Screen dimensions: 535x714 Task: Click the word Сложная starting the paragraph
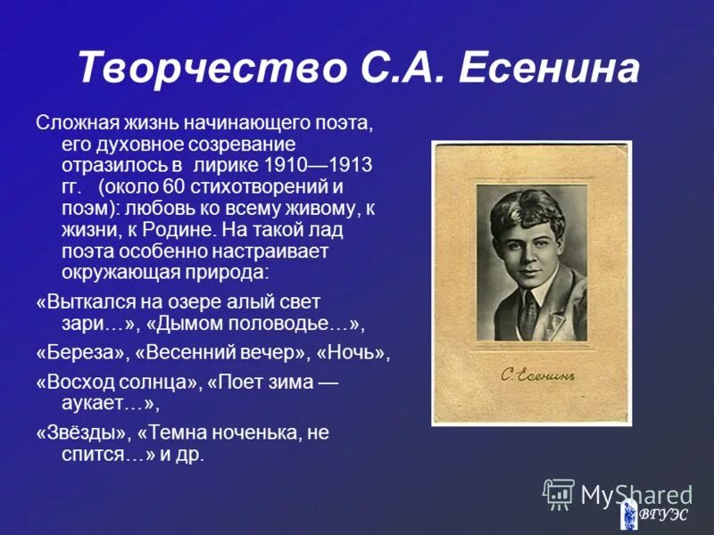(x=71, y=122)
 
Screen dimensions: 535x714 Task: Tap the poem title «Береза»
(x=82, y=352)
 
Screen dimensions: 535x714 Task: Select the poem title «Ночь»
(x=357, y=352)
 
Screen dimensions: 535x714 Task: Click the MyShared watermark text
(x=636, y=495)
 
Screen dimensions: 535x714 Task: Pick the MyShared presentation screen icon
(x=560, y=494)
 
